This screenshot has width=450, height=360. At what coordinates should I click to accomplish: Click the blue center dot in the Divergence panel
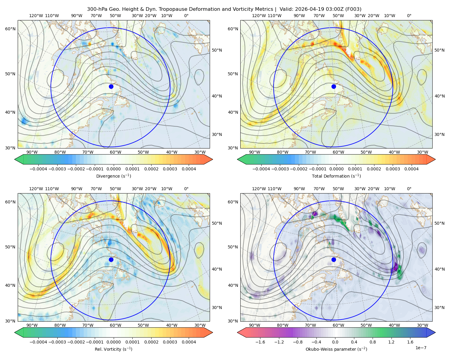pyautogui.click(x=111, y=86)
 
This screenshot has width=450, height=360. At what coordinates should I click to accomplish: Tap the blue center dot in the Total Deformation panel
pyautogui.click(x=334, y=86)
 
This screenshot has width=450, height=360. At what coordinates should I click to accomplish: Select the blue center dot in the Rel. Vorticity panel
pyautogui.click(x=111, y=259)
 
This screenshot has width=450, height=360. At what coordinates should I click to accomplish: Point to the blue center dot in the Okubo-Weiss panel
pyautogui.click(x=334, y=259)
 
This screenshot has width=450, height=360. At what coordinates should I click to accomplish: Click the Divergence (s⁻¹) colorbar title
pyautogui.click(x=113, y=176)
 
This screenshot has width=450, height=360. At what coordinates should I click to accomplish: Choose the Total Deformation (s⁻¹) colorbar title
pyautogui.click(x=336, y=176)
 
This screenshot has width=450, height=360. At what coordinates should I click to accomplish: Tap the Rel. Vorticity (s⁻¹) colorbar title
pyautogui.click(x=113, y=349)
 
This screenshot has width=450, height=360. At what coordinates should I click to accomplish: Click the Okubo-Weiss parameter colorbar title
pyautogui.click(x=336, y=349)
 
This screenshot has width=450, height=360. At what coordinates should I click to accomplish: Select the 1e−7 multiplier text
pyautogui.click(x=421, y=348)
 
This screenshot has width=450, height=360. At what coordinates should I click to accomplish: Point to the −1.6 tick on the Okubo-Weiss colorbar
pyautogui.click(x=260, y=342)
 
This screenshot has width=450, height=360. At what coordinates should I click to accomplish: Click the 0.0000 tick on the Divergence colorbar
pyautogui.click(x=113, y=169)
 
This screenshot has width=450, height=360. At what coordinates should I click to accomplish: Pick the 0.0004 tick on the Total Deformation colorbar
pyautogui.click(x=411, y=169)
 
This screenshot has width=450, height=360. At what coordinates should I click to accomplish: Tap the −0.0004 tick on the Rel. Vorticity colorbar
pyautogui.click(x=38, y=342)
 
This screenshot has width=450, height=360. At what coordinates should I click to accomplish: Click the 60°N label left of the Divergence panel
pyautogui.click(x=10, y=29)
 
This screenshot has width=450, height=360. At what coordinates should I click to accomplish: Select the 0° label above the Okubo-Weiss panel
pyautogui.click(x=409, y=189)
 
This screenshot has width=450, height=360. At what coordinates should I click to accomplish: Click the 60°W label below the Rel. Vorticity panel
pyautogui.click(x=115, y=325)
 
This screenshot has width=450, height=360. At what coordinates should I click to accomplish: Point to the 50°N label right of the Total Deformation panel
pyautogui.click(x=439, y=50)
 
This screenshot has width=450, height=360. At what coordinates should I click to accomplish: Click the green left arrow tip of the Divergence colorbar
pyautogui.click(x=15, y=159)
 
